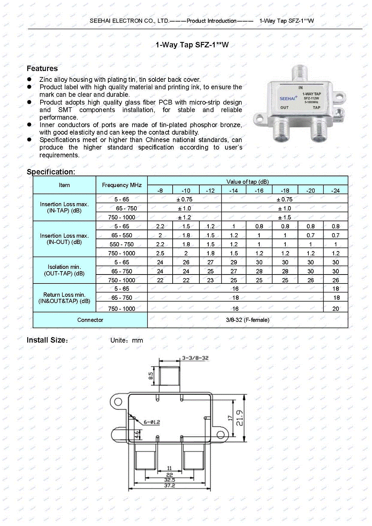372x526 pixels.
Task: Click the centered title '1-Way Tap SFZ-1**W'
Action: (192, 45)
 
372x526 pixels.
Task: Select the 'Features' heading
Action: (42, 68)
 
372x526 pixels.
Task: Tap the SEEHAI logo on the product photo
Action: (287, 99)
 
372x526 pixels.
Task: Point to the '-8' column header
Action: (160, 190)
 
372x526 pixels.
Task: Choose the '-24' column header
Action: (336, 190)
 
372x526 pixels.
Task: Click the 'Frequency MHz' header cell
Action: (122, 185)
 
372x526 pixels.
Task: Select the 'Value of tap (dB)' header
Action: (247, 182)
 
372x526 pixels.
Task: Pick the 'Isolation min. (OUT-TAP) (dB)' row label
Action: (64, 270)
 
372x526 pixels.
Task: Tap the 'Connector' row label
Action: (90, 320)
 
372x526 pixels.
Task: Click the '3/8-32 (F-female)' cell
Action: (247, 320)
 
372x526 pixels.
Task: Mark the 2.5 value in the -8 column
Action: (160, 253)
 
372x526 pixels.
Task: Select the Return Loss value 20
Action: (336, 309)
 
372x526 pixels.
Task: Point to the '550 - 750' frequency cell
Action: (122, 244)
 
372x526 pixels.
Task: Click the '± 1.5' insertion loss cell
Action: (285, 217)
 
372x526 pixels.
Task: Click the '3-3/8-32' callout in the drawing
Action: (195, 358)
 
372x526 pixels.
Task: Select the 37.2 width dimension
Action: (169, 485)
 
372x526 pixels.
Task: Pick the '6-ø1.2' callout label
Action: (152, 422)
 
